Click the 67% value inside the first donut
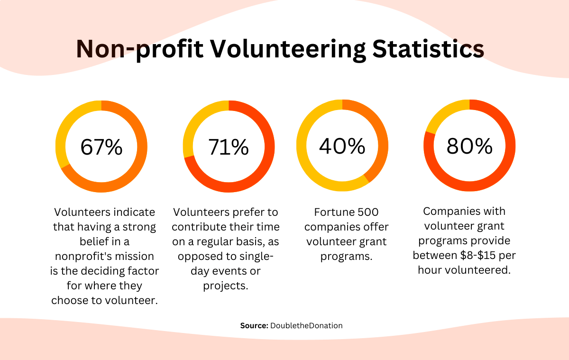click(x=101, y=147)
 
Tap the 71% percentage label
click(x=229, y=147)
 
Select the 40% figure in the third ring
click(x=342, y=146)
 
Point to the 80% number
click(x=469, y=146)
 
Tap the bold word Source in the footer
click(x=254, y=326)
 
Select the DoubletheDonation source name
click(x=306, y=326)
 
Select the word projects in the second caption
click(x=225, y=286)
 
